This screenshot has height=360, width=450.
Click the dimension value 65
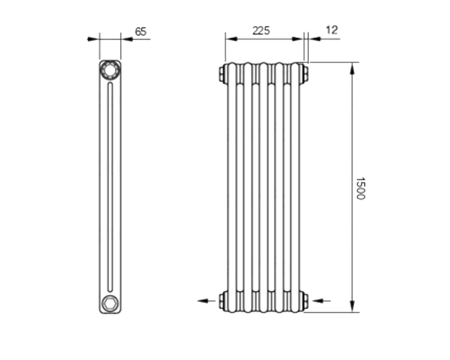(140, 31)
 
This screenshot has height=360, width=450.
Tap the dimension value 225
(261, 31)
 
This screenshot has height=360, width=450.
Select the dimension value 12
(332, 30)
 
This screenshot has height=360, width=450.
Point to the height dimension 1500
(360, 189)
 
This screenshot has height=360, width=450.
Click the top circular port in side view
(110, 70)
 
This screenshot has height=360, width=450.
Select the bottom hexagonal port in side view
(110, 303)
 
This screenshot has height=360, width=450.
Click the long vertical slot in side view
(110, 187)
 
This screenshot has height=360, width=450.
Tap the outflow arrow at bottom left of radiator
(207, 301)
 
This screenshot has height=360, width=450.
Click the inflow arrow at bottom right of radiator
(321, 301)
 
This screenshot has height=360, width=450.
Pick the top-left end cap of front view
(223, 73)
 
